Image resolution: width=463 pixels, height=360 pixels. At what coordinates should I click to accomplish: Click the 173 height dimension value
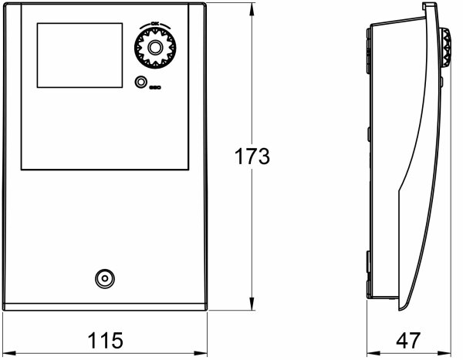[x=252, y=157]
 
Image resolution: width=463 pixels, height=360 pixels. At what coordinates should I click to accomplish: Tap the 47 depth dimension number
[x=409, y=339]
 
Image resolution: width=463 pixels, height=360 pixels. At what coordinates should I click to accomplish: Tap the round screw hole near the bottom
[x=102, y=278]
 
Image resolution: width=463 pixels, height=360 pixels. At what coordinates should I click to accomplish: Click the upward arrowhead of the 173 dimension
[x=253, y=12]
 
